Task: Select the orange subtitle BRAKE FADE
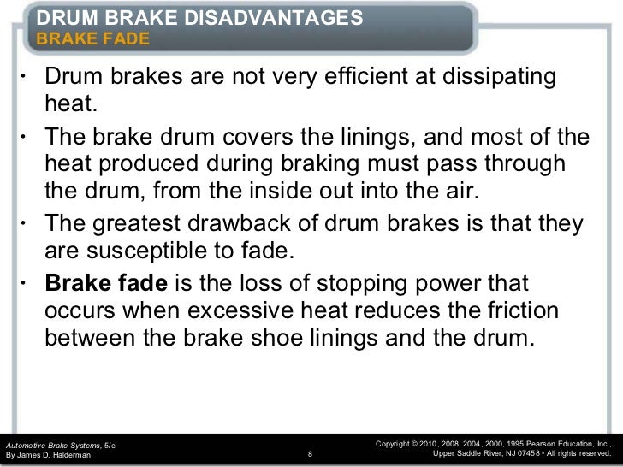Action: [92, 39]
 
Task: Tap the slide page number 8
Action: [309, 455]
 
